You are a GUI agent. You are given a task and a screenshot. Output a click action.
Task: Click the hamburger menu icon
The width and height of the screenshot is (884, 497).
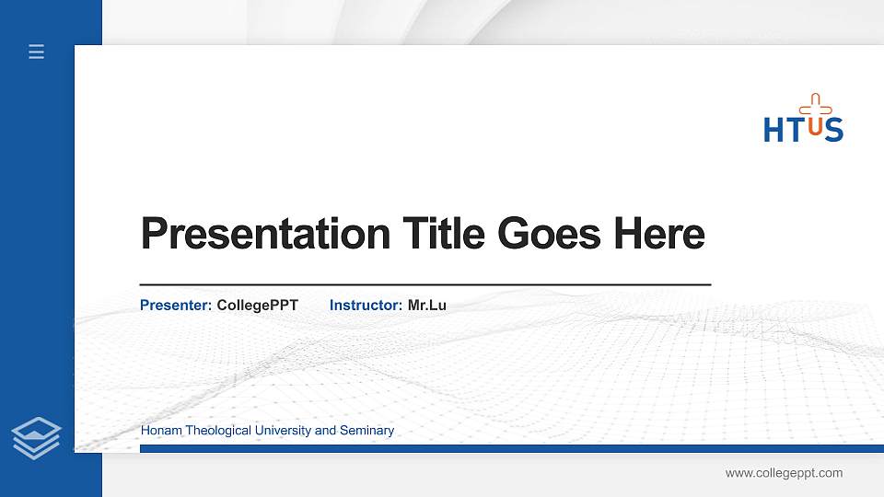tap(37, 52)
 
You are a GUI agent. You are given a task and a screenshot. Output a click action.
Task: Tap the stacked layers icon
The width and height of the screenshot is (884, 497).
tap(37, 438)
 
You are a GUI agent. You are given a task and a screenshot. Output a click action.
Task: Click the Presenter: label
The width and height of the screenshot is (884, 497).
tap(176, 305)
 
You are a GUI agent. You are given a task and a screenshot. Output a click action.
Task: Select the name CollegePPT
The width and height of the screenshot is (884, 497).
tap(258, 305)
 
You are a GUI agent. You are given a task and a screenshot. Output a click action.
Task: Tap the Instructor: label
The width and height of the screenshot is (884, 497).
tap(366, 305)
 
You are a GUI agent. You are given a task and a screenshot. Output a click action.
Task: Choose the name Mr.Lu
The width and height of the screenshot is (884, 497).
tap(426, 305)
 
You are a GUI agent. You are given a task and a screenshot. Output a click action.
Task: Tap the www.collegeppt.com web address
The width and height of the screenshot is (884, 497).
tap(784, 473)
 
